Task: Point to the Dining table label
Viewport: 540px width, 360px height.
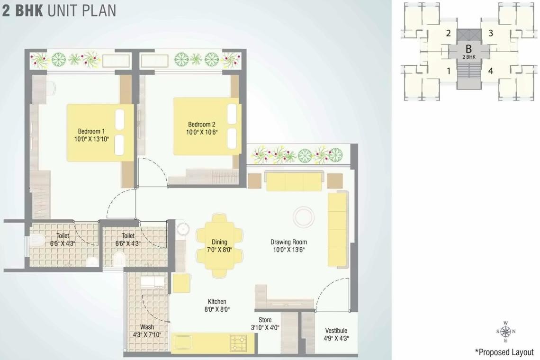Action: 219,242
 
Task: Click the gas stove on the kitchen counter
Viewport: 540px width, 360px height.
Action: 239,343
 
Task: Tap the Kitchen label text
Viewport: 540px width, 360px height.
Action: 217,302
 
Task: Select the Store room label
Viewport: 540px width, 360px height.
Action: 265,320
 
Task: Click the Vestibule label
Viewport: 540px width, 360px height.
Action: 336,331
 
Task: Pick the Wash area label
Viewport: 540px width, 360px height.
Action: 147,327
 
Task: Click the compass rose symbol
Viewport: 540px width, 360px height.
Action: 505,332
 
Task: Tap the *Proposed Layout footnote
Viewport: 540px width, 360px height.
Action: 504,352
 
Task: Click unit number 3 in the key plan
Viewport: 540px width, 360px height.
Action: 491,33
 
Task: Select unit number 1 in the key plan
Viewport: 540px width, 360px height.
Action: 448,71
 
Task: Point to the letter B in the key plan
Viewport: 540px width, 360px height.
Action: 468,48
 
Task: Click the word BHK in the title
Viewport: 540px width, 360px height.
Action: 30,10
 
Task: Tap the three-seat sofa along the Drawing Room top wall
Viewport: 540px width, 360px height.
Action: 294,182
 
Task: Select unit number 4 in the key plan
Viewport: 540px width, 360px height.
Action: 491,71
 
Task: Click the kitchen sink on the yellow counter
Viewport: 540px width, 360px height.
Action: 182,342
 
